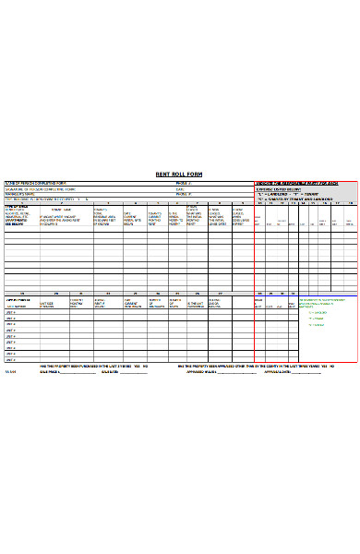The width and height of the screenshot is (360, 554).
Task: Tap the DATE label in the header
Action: (179, 189)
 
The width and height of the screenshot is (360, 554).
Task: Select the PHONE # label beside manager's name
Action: (182, 194)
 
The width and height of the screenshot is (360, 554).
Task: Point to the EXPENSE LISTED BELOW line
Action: (277, 189)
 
